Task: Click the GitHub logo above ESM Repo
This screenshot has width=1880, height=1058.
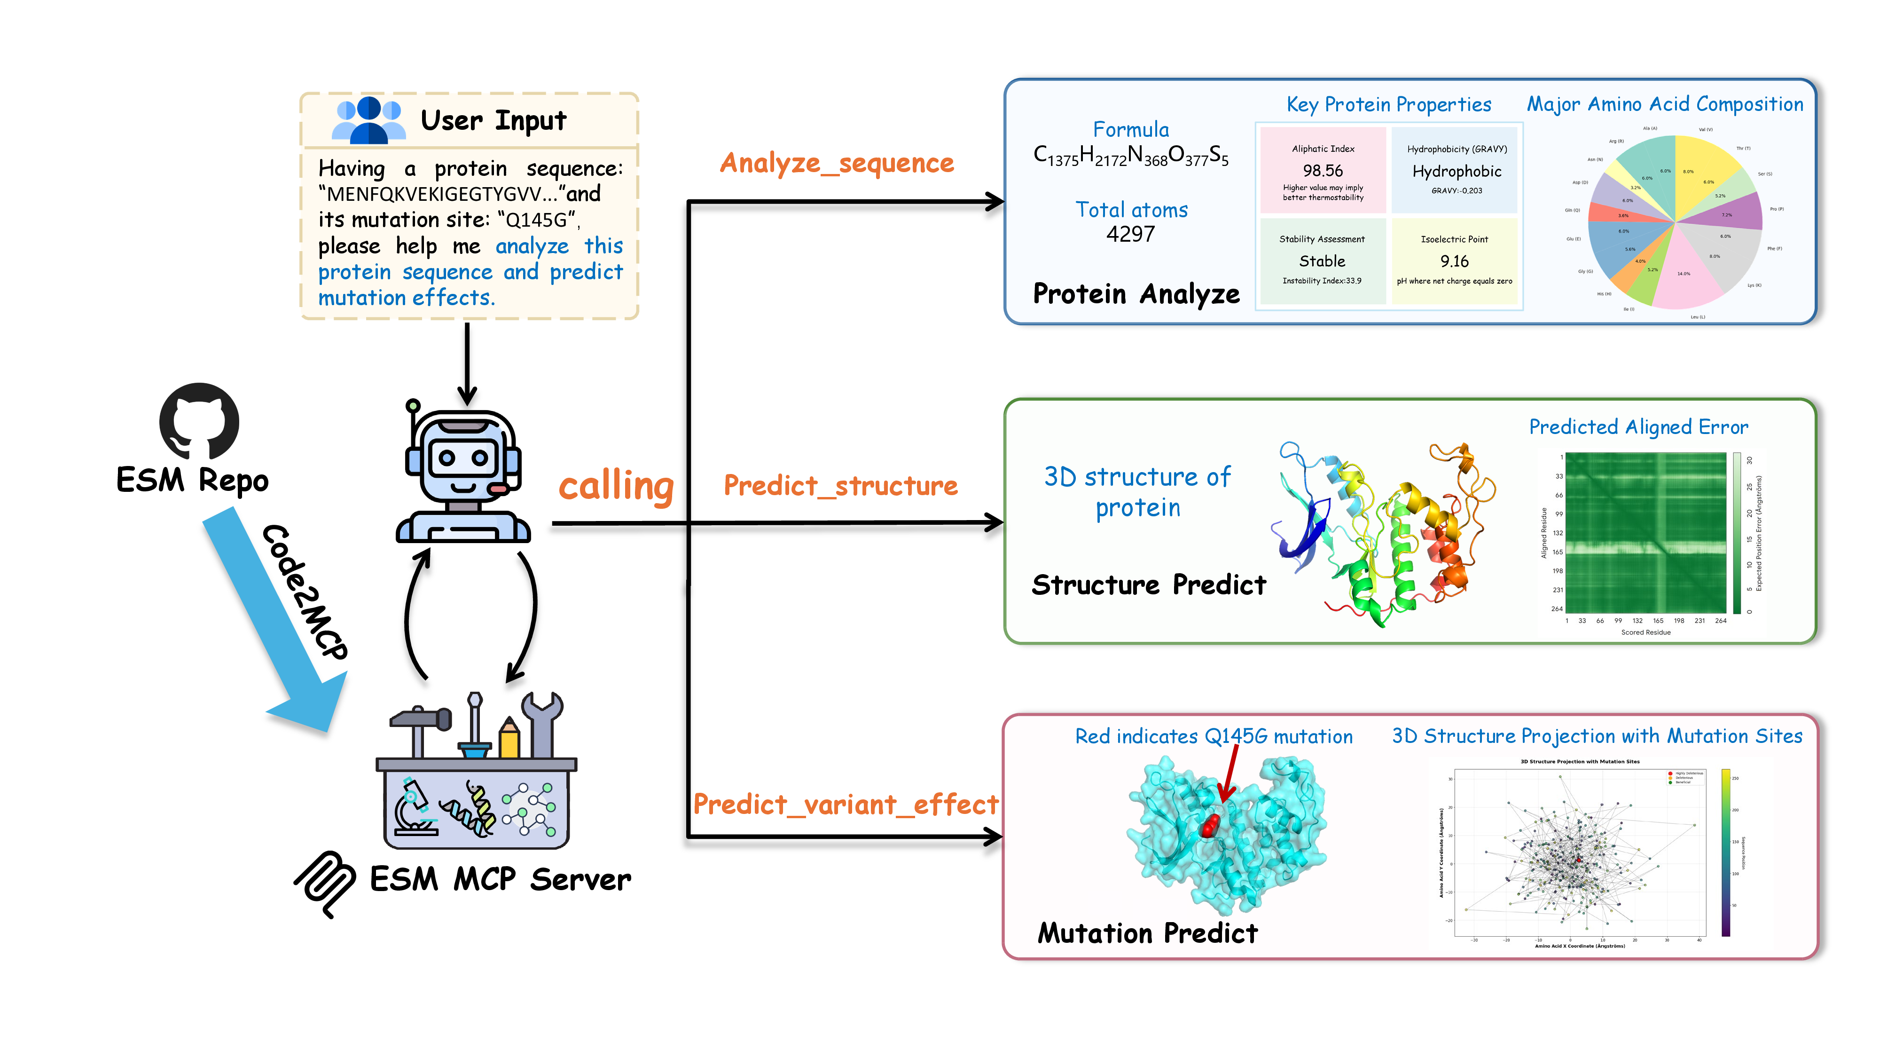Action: pos(199,422)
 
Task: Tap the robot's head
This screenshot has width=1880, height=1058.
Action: pos(462,456)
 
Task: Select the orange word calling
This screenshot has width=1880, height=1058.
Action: pos(616,486)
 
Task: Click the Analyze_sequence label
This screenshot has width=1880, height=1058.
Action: pos(837,163)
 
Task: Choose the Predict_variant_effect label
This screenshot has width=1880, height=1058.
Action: pos(845,805)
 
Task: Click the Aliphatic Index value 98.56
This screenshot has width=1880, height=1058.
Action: pos(1323,171)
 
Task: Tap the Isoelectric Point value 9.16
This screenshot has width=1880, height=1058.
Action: pos(1454,261)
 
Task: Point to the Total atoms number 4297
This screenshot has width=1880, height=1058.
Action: pos(1130,234)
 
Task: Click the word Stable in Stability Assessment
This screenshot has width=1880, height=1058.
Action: pos(1322,261)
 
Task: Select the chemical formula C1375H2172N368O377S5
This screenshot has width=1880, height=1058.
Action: pos(1130,156)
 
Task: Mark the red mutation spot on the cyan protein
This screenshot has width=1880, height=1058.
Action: pos(1209,826)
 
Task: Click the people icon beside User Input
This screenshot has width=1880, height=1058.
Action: pos(368,120)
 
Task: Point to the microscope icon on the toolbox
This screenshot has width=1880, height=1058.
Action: pos(412,807)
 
